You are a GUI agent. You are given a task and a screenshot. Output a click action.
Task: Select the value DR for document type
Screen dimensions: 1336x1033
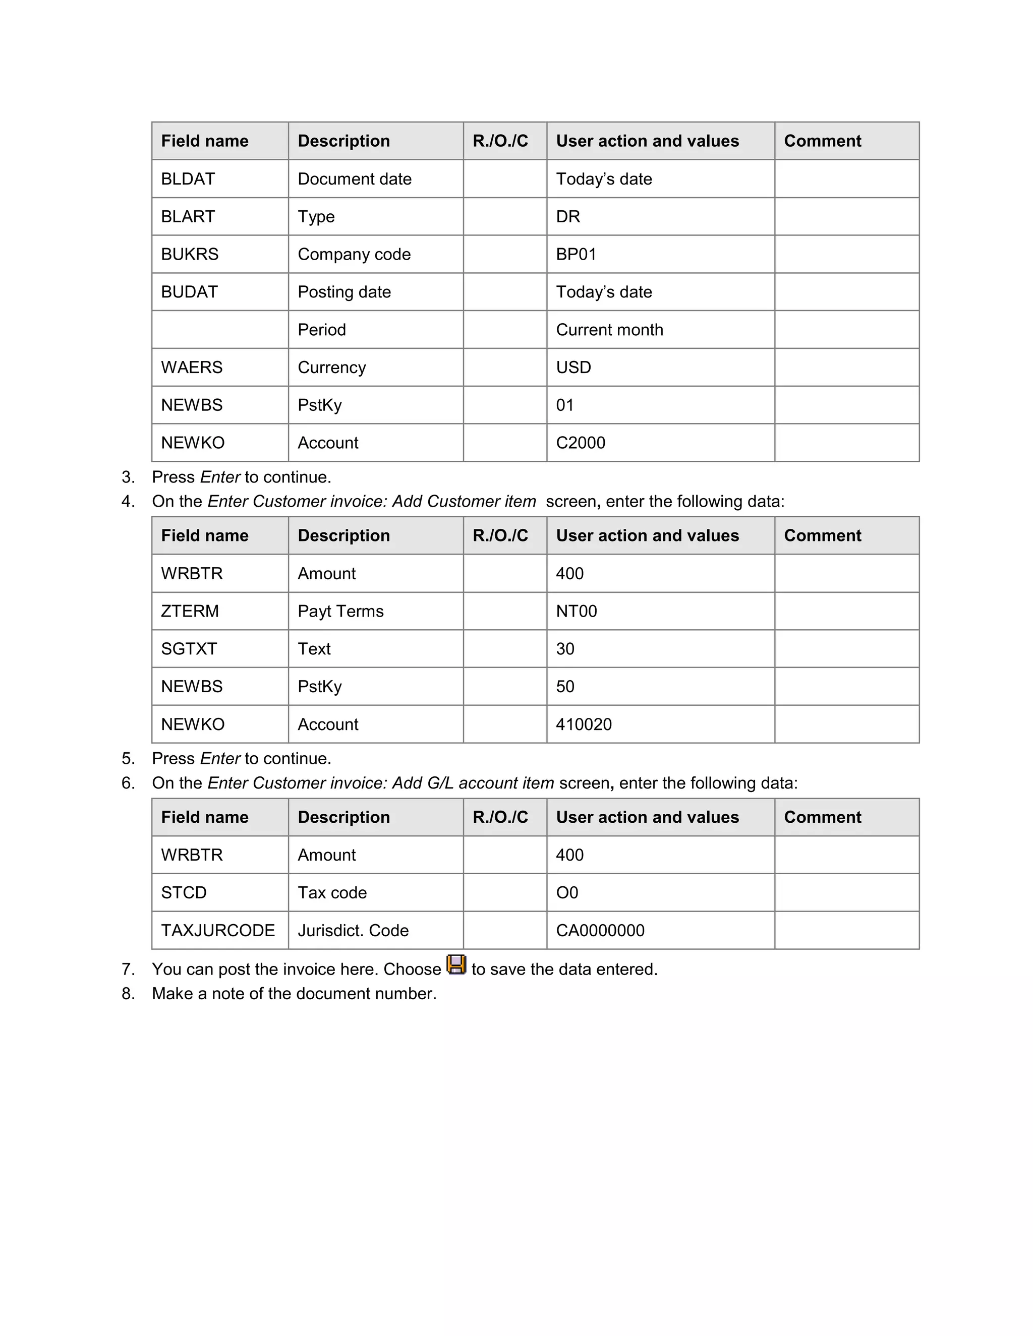(568, 217)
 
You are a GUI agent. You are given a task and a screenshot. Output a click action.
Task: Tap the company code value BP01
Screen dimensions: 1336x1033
(576, 254)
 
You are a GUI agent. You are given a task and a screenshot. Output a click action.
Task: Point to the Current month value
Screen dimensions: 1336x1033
(609, 330)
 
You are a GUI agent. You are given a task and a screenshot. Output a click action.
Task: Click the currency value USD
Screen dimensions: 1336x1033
(573, 367)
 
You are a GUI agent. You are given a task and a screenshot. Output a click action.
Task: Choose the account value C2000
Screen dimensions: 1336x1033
(580, 442)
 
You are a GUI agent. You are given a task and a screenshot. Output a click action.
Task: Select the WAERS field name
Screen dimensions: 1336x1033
(192, 367)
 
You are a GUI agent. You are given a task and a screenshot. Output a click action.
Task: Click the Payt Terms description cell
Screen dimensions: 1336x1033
(340, 611)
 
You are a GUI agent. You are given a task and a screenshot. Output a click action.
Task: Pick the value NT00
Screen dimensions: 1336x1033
(576, 611)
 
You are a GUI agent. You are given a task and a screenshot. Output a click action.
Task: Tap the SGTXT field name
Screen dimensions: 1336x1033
(189, 648)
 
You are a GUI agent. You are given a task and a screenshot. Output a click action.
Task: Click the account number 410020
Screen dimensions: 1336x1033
(583, 724)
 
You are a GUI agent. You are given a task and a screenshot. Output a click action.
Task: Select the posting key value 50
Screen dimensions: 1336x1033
(565, 686)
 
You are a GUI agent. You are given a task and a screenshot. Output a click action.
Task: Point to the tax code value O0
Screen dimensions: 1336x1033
(566, 892)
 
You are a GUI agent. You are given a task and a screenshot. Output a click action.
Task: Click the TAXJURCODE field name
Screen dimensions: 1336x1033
(218, 931)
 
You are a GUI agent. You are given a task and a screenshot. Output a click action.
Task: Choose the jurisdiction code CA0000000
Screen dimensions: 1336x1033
(600, 931)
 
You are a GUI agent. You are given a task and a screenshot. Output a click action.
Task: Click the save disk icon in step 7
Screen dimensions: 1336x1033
(456, 964)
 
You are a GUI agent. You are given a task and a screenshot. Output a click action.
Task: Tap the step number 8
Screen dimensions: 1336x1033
(127, 994)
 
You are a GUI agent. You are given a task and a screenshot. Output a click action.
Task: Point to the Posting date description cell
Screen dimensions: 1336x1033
(344, 292)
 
